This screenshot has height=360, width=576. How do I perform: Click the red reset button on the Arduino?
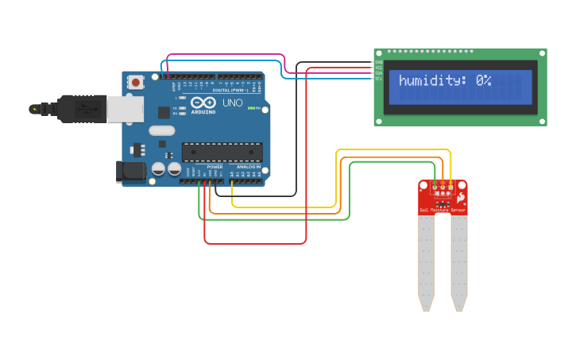(137, 81)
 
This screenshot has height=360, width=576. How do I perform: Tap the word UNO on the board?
(233, 103)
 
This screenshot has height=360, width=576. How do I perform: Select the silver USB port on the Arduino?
(125, 109)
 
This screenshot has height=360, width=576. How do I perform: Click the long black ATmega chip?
(222, 151)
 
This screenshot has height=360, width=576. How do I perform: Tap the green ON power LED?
(251, 108)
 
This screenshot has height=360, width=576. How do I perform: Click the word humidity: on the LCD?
(434, 81)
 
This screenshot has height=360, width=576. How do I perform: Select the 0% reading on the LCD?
(484, 81)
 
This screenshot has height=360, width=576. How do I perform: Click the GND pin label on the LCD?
(379, 62)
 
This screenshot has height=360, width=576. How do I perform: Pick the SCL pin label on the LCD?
(379, 79)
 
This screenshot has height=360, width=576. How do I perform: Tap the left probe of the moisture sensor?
(427, 262)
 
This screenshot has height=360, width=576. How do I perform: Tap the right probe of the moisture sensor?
(458, 262)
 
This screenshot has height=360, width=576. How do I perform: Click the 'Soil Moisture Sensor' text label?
(443, 211)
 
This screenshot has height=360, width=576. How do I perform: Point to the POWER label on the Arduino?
(215, 167)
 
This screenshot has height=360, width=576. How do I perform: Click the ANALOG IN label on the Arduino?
(247, 167)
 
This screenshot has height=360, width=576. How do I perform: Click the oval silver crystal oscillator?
(161, 131)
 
